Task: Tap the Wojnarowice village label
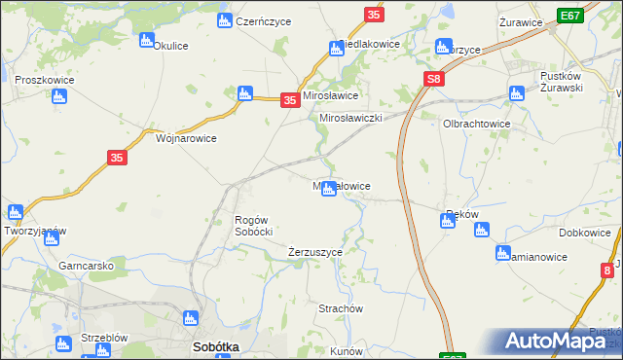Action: pos(186,138)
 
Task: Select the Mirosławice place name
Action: pos(331,96)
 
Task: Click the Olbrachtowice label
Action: pos(477,125)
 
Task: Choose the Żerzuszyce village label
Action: pos(315,252)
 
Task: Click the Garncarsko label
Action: pos(87,265)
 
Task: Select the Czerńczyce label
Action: pos(261,19)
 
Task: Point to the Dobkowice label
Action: pos(585,234)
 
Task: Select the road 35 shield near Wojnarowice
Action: pos(117,158)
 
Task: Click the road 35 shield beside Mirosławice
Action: pos(289,99)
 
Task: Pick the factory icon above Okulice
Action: pos(147,40)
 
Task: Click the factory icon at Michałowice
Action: pos(329,189)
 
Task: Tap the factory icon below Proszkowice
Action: pos(58,96)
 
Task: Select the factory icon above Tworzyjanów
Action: pos(15,211)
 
